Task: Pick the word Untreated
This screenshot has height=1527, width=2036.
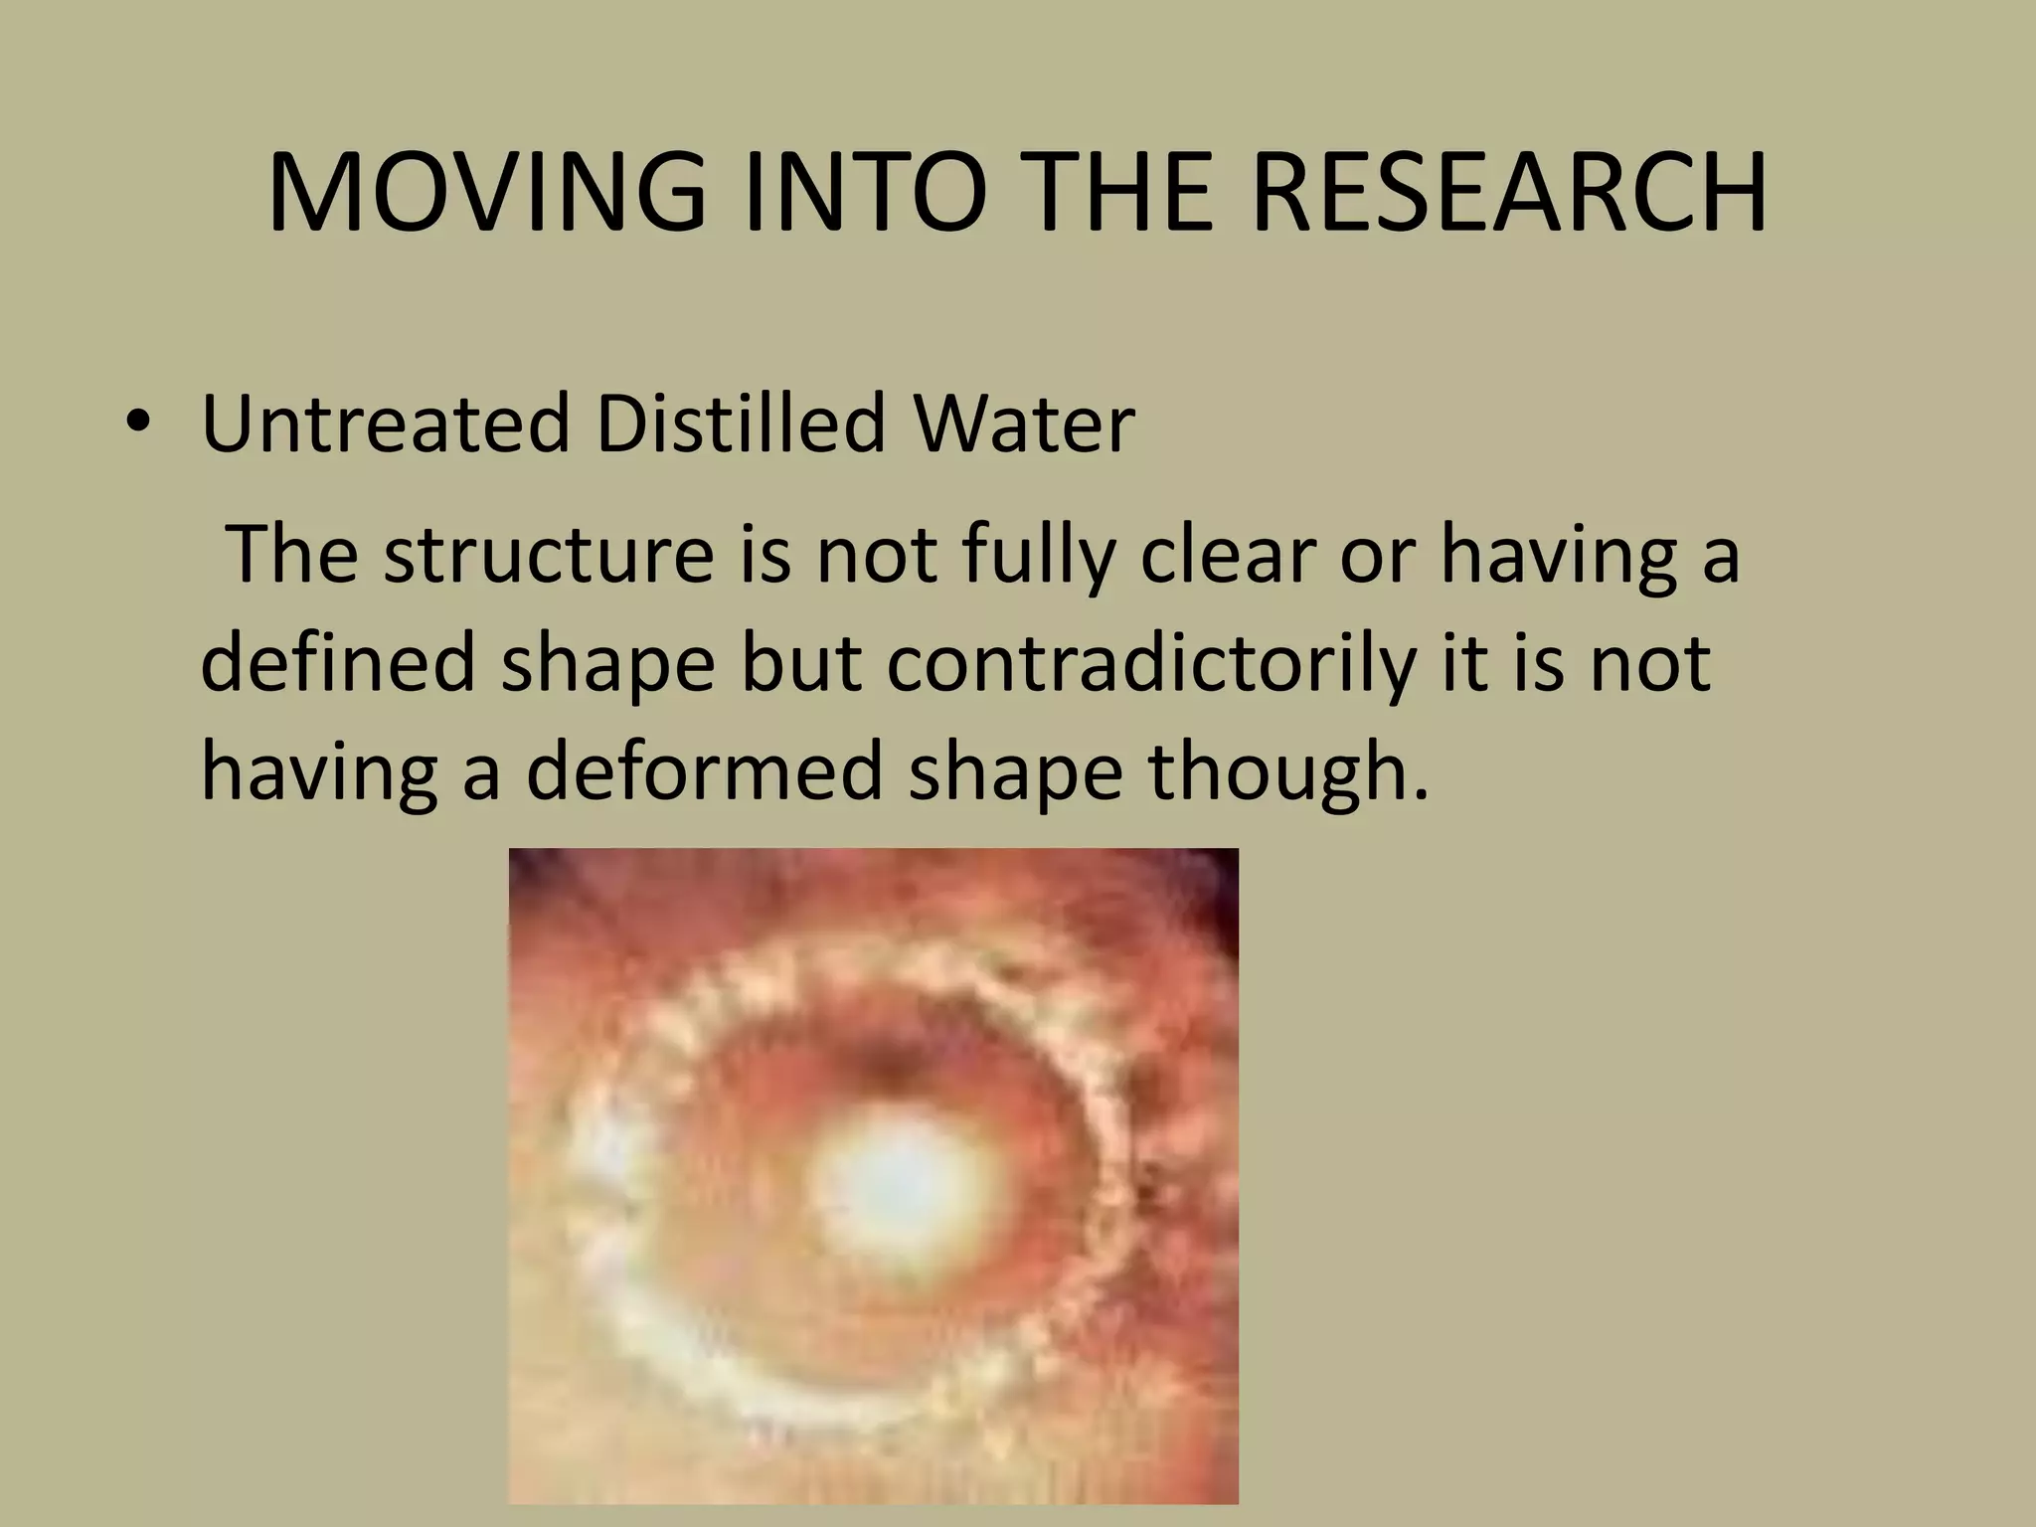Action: pyautogui.click(x=386, y=425)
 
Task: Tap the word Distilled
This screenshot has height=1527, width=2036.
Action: pyautogui.click(x=740, y=425)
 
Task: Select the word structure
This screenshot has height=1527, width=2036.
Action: pyautogui.click(x=548, y=557)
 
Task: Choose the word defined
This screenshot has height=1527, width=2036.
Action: pyautogui.click(x=338, y=664)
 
